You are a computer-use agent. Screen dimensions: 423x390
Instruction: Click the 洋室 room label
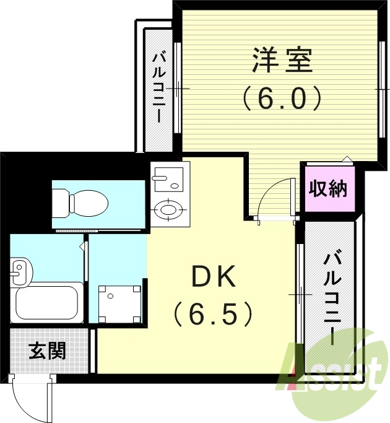click(282, 61)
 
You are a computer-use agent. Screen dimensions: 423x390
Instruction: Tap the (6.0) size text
click(282, 98)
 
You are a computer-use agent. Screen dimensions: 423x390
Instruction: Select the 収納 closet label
click(328, 188)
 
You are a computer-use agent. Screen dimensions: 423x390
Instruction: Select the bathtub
click(48, 304)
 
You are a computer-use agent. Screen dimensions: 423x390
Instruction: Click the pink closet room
click(328, 188)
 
